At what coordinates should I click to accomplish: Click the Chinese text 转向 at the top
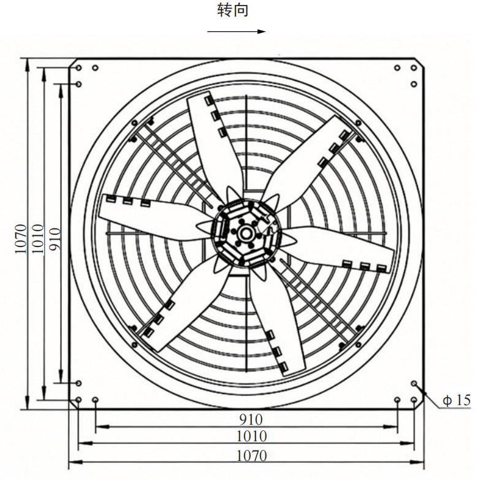[232, 10]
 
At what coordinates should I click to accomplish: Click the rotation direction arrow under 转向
[236, 31]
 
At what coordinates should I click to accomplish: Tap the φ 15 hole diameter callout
[457, 400]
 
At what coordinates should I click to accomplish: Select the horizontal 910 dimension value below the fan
[251, 419]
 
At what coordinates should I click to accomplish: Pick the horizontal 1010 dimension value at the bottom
[251, 436]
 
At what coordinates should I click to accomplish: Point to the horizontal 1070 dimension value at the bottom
[251, 455]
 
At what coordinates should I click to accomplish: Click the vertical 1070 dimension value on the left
[21, 239]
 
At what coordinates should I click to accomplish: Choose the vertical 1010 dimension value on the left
[38, 239]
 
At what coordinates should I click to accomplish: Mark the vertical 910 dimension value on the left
[55, 239]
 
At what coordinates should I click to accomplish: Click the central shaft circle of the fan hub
[246, 234]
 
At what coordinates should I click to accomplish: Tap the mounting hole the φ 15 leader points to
[414, 384]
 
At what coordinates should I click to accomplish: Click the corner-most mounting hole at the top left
[78, 67]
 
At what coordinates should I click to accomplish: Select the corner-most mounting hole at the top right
[414, 67]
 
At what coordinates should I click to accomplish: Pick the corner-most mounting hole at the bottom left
[78, 400]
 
